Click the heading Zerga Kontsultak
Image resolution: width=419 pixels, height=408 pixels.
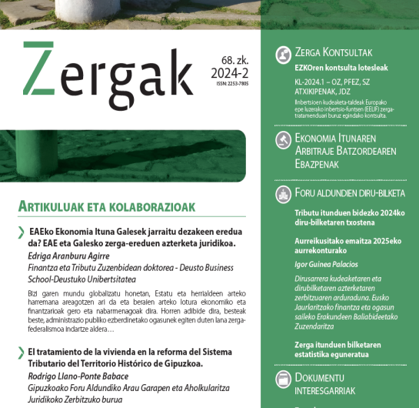[334, 53]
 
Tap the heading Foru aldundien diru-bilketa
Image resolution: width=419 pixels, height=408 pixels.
[346, 194]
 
